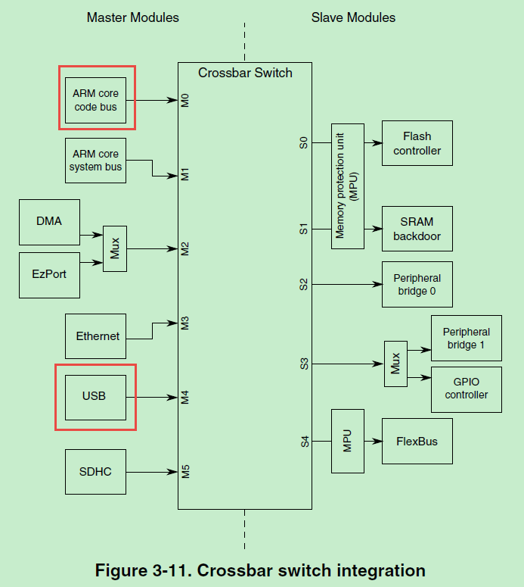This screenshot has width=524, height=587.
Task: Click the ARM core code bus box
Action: (x=95, y=100)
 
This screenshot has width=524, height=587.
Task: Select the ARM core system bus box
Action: (x=95, y=161)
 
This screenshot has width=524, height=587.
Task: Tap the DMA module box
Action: (x=49, y=222)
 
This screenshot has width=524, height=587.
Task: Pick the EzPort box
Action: (x=49, y=274)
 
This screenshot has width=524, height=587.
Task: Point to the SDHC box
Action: (x=95, y=472)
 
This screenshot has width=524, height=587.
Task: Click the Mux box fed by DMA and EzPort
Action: (x=115, y=248)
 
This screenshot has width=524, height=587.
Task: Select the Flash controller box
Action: (x=417, y=143)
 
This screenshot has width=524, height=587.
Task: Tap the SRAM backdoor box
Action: (x=417, y=229)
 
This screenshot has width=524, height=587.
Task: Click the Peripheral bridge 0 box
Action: (x=417, y=285)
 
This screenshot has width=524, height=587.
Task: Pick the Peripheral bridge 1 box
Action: (x=466, y=339)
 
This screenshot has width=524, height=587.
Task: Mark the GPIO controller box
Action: (x=466, y=389)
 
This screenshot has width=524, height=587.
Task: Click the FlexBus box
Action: (x=417, y=442)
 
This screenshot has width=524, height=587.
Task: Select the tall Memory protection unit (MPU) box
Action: (x=347, y=186)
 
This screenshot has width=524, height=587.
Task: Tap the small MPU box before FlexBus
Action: (x=347, y=442)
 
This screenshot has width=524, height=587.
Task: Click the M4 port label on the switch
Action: (x=184, y=397)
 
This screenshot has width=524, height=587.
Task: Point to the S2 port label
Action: (x=304, y=284)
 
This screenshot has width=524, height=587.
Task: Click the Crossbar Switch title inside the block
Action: (x=245, y=73)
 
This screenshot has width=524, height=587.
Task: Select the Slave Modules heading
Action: (x=353, y=17)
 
